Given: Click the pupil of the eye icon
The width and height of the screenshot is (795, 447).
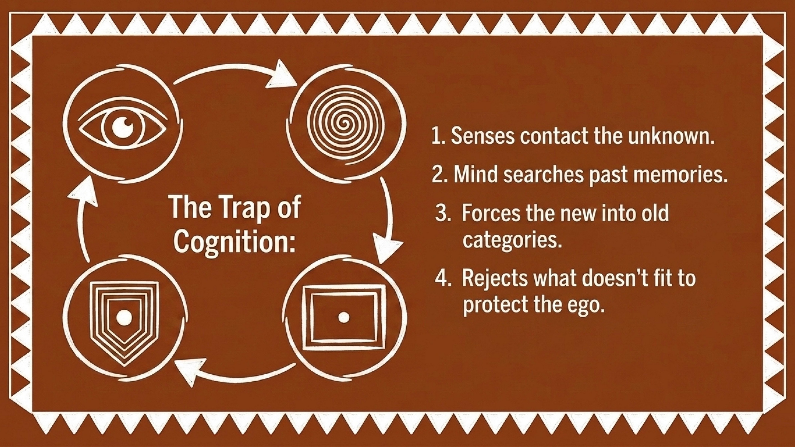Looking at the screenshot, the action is pyautogui.click(x=123, y=127).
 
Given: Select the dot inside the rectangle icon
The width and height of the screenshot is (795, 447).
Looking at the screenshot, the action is pyautogui.click(x=344, y=317).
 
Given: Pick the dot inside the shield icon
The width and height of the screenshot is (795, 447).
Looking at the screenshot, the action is pyautogui.click(x=124, y=317).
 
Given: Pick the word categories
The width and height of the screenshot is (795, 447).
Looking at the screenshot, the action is pyautogui.click(x=512, y=240).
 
